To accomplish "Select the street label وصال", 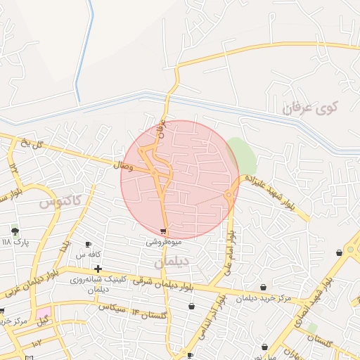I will click(x=122, y=165).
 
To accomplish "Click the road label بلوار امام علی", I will click(x=229, y=250).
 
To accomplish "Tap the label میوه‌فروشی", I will click(x=164, y=241).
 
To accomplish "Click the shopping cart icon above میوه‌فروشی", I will click(x=164, y=231).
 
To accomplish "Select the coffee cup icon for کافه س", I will click(x=89, y=244).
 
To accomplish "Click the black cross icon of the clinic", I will click(x=98, y=269).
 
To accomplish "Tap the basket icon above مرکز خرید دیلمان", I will click(x=264, y=287).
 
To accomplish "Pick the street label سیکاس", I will click(x=112, y=307).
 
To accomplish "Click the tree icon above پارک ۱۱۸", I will click(x=15, y=231).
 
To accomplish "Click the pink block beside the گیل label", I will click(x=44, y=311).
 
